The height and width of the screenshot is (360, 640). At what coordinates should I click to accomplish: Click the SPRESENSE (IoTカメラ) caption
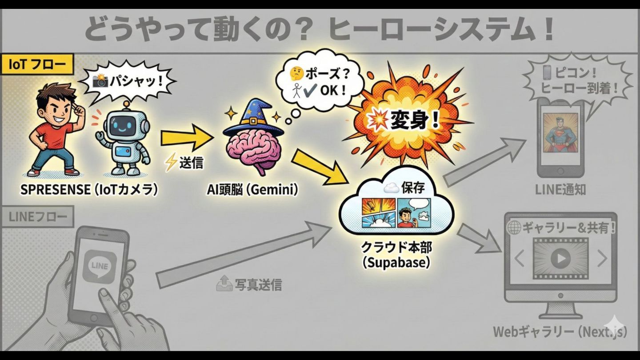89,190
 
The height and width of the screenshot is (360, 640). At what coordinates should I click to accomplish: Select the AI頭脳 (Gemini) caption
252,190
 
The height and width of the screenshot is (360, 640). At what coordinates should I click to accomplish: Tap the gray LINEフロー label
38,218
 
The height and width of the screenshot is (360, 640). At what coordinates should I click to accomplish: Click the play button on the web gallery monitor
560,258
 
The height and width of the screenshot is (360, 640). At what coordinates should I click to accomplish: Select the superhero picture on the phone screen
561,133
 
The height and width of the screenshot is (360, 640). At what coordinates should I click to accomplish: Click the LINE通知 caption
561,190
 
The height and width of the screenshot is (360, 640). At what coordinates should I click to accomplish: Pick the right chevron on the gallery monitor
602,258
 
